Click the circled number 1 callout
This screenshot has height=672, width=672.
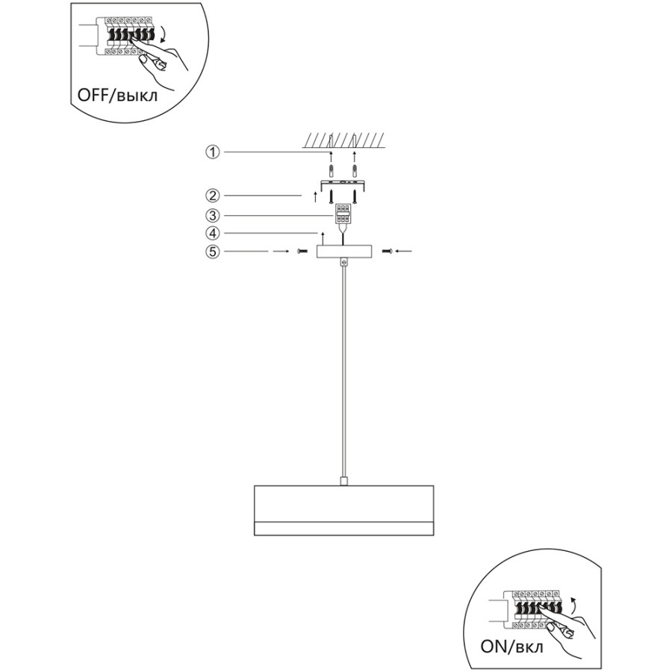coord(213,152)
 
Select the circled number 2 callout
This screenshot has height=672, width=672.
coord(213,196)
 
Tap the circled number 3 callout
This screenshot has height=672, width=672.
coord(213,215)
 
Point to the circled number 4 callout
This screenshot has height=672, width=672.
coord(213,233)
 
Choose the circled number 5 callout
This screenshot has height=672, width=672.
coord(213,251)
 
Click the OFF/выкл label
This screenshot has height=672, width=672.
coord(117,95)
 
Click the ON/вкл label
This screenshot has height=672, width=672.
coord(511,647)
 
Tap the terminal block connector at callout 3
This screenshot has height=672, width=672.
coord(343,214)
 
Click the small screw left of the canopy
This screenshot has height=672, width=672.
coord(302,251)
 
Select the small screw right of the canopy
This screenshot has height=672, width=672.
coord(388,251)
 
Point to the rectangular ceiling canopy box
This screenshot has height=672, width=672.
coord(344,252)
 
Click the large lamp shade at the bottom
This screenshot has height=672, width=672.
coord(343,511)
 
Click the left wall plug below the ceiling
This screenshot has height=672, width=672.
coord(331,171)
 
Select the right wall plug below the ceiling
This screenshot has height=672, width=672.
coord(355,171)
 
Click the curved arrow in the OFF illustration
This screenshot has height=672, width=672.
coord(164,34)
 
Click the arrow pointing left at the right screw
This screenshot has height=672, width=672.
coord(403,251)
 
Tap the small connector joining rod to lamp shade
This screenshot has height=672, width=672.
coord(343,481)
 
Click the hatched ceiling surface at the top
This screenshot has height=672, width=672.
coord(343,140)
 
